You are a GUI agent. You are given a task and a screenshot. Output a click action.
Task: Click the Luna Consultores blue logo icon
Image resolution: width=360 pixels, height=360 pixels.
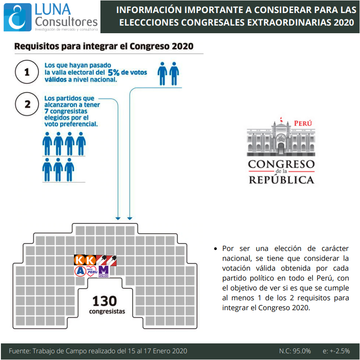point(17,17)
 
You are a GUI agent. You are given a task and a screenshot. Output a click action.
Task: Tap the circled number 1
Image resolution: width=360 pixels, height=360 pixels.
point(27,72)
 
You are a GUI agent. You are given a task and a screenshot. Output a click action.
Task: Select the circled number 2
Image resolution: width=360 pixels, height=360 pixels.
point(27,104)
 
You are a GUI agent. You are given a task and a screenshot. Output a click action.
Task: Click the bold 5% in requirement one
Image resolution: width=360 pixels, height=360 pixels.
point(113,73)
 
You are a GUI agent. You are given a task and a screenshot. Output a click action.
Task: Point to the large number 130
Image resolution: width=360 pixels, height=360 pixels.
point(105,301)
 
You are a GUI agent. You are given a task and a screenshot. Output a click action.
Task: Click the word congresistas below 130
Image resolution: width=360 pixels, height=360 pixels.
point(107,311)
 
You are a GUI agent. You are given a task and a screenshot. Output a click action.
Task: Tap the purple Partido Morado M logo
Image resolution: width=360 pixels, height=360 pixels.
point(104,272)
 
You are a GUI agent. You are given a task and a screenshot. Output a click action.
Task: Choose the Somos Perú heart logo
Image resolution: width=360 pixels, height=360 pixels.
point(92,271)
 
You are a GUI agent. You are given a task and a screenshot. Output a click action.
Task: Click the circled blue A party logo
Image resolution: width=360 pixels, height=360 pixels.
point(80,271)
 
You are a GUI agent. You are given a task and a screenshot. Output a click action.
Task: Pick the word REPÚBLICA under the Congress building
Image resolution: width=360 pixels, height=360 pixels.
point(282,180)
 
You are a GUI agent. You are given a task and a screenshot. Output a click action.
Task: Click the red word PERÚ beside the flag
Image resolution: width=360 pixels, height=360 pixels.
point(303,123)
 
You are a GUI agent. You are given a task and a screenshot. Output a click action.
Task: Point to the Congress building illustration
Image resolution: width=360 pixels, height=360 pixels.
point(281,137)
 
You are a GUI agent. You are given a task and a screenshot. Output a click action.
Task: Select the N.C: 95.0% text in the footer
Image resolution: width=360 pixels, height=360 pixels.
point(295,351)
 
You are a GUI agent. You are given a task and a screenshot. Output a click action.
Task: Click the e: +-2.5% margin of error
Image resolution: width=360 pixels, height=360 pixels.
point(336,351)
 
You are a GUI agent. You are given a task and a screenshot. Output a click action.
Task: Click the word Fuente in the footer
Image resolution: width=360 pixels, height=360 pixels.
point(20,351)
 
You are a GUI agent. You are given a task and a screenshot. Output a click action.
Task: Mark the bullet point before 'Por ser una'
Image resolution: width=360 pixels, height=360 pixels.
point(215,249)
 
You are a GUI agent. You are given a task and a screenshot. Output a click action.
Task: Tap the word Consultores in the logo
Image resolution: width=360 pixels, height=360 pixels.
point(66,22)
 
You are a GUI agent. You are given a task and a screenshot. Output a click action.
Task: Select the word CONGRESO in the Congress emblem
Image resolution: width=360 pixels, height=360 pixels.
point(281,164)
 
